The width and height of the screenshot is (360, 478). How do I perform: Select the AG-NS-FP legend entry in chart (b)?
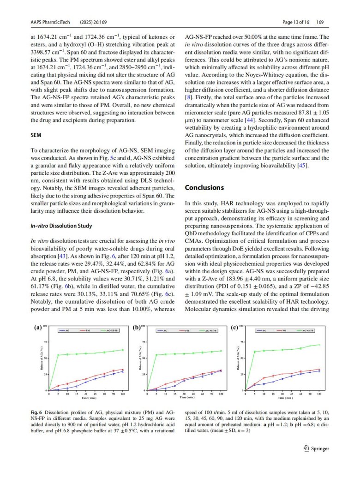point(212,331)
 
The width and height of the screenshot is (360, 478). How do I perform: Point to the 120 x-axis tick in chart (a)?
point(123,394)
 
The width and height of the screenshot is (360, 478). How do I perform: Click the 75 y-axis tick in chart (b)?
point(144,342)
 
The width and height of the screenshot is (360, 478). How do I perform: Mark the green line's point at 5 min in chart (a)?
point(58,355)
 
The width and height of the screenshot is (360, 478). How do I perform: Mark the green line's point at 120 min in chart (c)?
point(319,345)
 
